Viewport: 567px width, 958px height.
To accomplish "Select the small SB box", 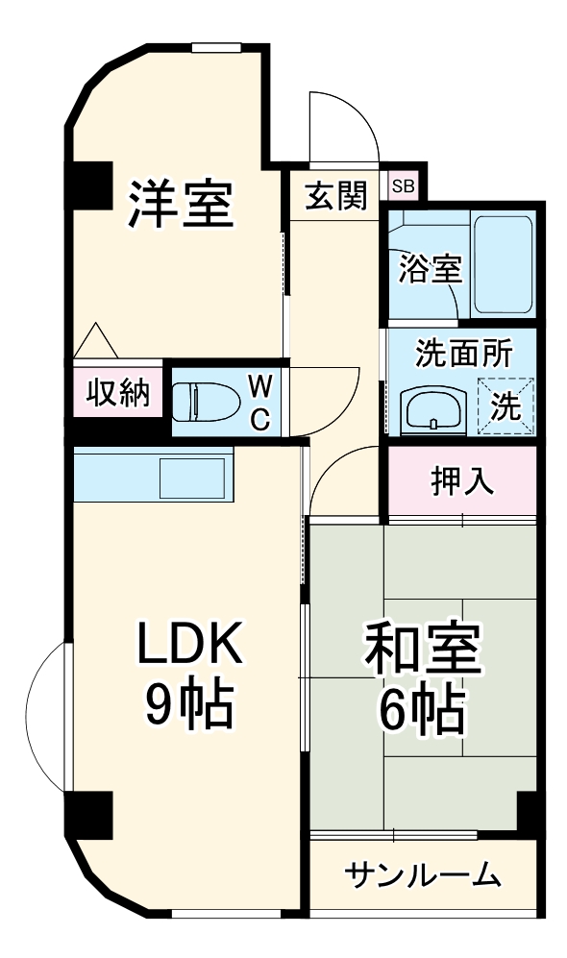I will coord(403,186).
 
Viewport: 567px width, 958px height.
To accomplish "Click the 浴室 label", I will coord(431,270).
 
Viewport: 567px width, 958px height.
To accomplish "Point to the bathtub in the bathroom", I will coord(503,264).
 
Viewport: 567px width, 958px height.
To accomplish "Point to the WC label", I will coord(259,401).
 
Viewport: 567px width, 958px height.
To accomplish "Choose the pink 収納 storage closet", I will coord(118,392).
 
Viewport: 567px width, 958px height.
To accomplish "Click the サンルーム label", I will coord(423,875).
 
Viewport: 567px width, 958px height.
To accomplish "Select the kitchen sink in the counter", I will coord(192,477).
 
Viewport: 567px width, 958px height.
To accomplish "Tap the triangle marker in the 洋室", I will coord(95,340).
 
